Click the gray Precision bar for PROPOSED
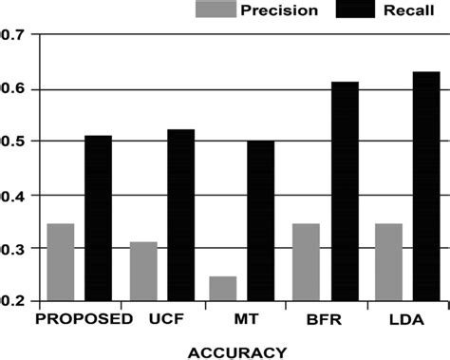pos(60,263)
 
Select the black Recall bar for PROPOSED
pos(98,218)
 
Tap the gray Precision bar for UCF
pos(143,271)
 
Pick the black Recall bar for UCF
pos(180,216)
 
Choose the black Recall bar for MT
pos(260,220)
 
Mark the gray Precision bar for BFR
pos(305,263)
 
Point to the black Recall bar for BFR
pos(344,192)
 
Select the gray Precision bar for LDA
pos(388,263)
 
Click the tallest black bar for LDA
pos(426,187)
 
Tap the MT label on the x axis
pos(241,319)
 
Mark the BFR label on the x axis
pos(324,319)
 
